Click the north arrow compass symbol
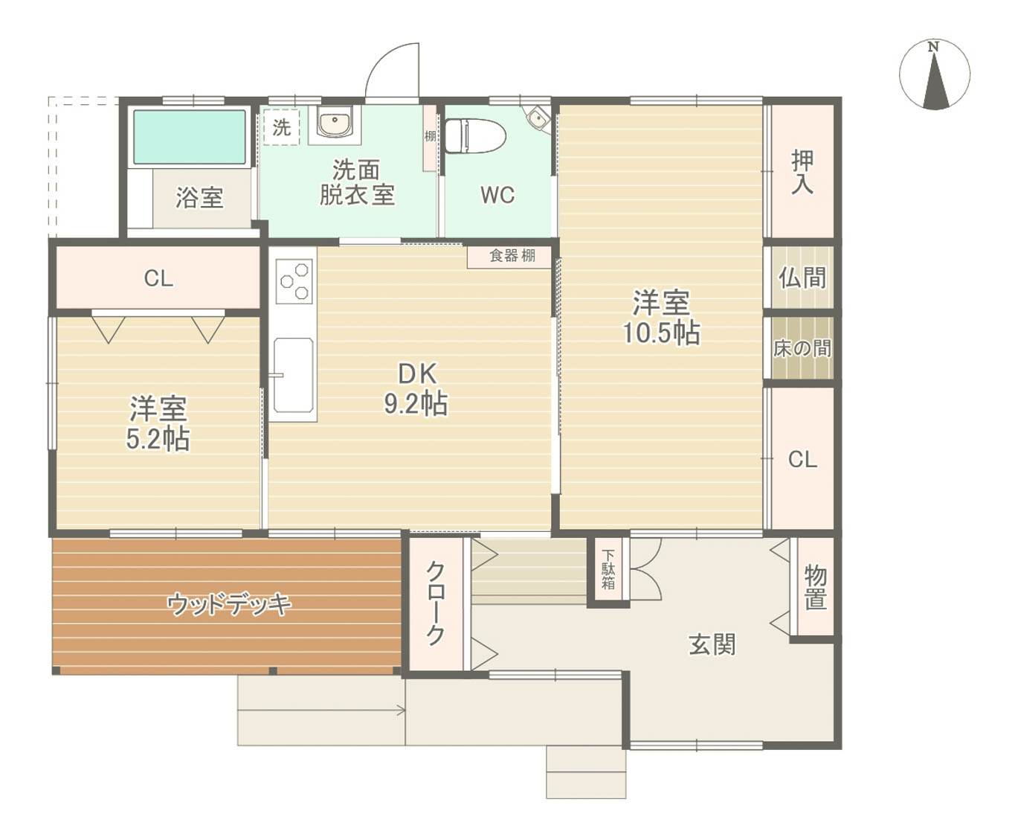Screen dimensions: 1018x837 coord(934,74)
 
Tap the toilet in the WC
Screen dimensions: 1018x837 coord(474,135)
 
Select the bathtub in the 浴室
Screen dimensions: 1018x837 coord(190,137)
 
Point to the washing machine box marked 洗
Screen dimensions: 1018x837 coord(281,127)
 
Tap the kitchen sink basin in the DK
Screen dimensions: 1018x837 coord(293,375)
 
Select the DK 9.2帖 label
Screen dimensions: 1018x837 coord(416,389)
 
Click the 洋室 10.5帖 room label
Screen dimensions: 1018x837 coord(661,318)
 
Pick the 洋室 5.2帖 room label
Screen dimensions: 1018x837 coord(158,423)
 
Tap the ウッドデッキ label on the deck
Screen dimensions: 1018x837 coord(229,604)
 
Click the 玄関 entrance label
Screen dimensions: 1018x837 coord(712,645)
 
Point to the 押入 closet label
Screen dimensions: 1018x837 coord(802,172)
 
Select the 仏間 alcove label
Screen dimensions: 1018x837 coord(802,278)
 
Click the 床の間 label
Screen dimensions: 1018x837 coord(802,348)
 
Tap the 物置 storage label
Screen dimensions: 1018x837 coord(815,587)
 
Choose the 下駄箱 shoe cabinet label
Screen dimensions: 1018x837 coord(608,569)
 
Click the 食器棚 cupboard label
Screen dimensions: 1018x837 coord(512,255)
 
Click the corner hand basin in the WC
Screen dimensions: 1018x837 coord(537,118)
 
